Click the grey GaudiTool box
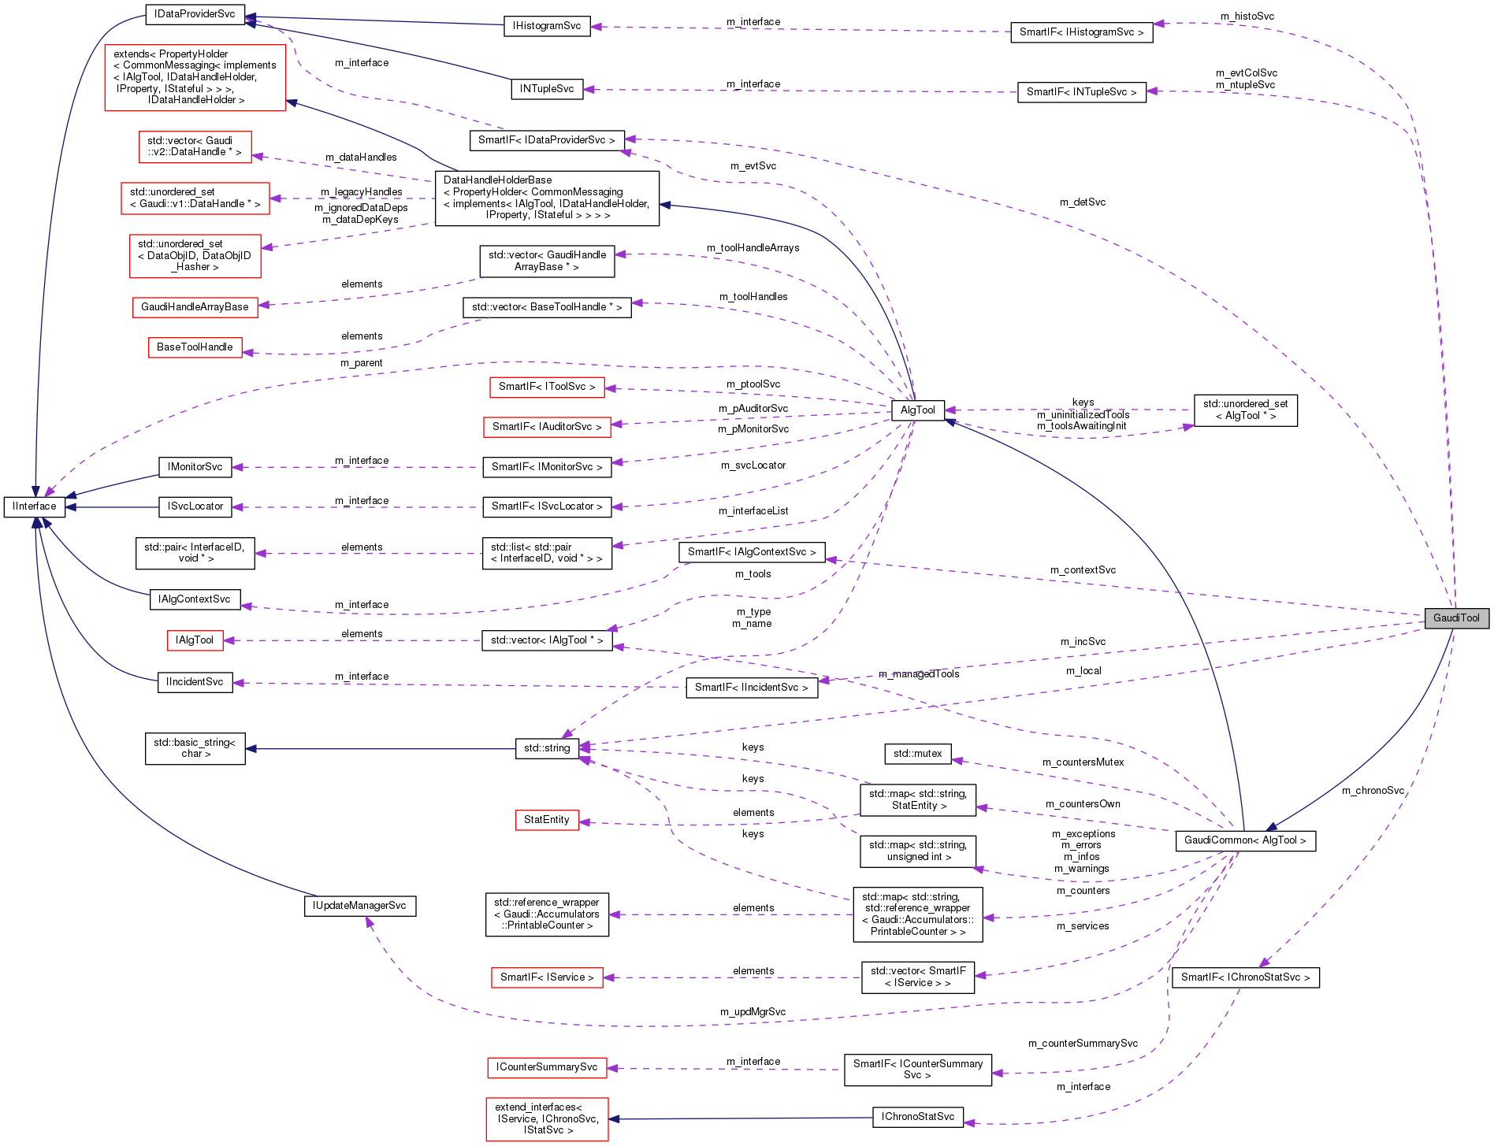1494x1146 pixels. [x=1456, y=618]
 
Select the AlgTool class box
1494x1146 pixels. [x=917, y=410]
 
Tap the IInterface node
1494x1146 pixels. [x=34, y=506]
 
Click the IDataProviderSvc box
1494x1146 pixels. [x=195, y=13]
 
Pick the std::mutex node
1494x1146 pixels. [x=917, y=754]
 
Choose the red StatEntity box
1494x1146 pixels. [x=546, y=820]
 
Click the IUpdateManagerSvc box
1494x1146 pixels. [x=359, y=906]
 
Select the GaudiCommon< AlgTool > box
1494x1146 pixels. [x=1244, y=840]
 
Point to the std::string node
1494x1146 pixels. [x=546, y=748]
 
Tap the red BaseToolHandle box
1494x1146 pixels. [x=195, y=347]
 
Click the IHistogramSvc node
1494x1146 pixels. [x=546, y=26]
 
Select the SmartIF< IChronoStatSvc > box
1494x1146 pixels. [x=1245, y=977]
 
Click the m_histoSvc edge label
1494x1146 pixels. [x=1247, y=17]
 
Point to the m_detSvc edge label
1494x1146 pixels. [x=1082, y=202]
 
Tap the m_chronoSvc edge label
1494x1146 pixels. [x=1373, y=791]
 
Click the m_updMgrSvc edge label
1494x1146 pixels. [x=753, y=1012]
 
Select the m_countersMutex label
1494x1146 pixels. [x=1083, y=762]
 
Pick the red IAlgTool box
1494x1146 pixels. [x=195, y=640]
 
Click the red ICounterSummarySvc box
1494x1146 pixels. [x=547, y=1067]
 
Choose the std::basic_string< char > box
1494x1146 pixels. [x=195, y=748]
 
